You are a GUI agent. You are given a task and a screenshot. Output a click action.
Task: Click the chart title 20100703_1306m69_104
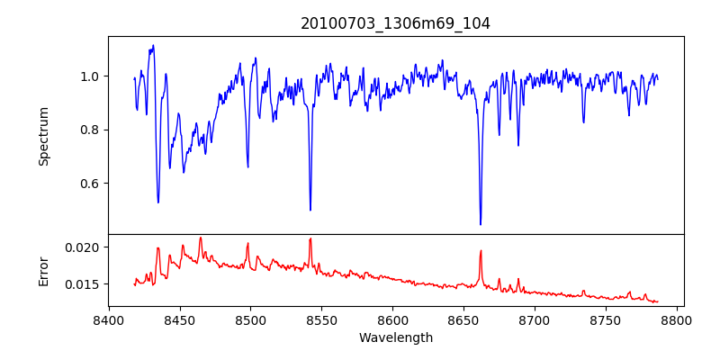395,23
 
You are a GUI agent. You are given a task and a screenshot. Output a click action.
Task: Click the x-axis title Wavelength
395,338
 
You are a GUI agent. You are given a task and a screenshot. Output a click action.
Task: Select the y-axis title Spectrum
44,136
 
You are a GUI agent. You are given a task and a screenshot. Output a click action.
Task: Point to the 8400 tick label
109,319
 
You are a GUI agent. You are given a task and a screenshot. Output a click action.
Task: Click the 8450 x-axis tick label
180,319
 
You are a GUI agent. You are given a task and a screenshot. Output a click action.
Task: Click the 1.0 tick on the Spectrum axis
90,76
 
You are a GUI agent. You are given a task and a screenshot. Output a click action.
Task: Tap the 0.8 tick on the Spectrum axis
90,130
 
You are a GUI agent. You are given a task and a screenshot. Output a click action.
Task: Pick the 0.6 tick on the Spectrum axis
90,184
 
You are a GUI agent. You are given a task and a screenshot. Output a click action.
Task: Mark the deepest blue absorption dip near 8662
481,223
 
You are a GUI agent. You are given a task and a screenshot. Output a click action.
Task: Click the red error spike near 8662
481,251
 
